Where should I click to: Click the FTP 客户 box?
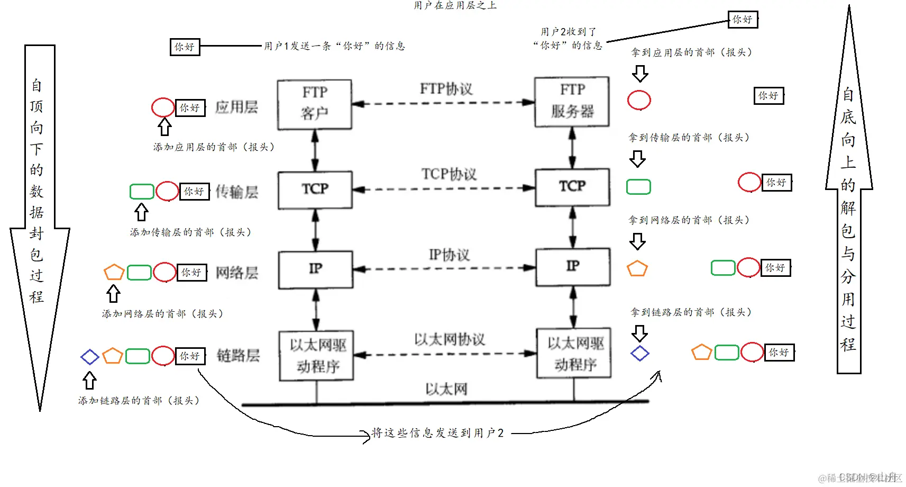point(315,104)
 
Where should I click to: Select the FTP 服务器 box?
point(572,101)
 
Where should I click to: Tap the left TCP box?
point(315,189)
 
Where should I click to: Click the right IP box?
point(573,266)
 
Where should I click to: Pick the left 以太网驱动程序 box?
point(316,355)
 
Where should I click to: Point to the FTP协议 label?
point(446,88)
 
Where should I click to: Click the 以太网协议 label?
point(449,339)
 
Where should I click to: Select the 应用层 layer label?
point(236,107)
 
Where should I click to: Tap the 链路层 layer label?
point(238,356)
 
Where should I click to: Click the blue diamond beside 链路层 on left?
point(89,357)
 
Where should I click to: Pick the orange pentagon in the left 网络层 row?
point(114,272)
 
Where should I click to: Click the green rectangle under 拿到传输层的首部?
point(638,187)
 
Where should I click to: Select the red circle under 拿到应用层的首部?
point(639,100)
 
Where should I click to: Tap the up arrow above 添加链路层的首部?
point(89,380)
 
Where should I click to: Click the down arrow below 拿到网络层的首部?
point(637,241)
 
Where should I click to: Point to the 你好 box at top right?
point(742,20)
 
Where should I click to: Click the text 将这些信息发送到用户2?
point(437,433)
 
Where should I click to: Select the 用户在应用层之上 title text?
point(455,5)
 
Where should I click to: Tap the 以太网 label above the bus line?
point(446,389)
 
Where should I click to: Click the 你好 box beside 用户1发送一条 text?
point(185,47)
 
